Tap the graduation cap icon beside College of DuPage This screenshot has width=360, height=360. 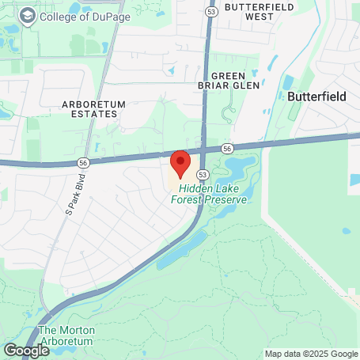[28, 17]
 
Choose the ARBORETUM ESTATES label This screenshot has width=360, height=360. [89, 108]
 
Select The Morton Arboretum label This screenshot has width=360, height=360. [66, 335]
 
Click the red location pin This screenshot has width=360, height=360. [180, 163]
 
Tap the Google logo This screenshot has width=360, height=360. [26, 350]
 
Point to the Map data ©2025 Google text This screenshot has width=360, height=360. [311, 354]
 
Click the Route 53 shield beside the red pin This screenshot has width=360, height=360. [203, 174]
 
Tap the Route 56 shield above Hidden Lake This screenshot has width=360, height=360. [226, 148]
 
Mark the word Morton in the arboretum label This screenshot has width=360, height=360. [76, 330]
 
